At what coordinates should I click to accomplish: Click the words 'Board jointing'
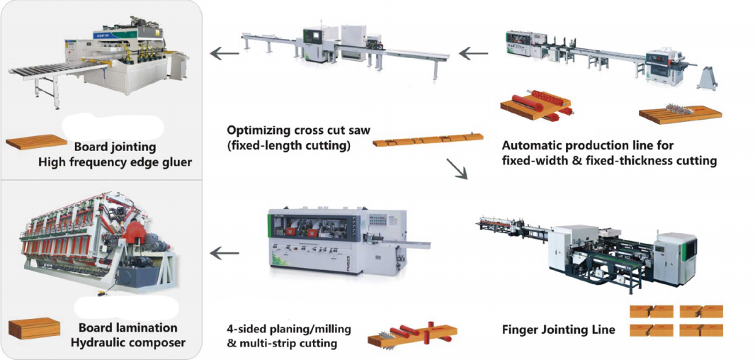[x=115, y=147]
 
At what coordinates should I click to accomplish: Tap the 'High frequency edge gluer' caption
[x=115, y=162]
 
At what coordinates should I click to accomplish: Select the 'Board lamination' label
[x=128, y=327]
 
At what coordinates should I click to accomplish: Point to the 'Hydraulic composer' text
[x=128, y=343]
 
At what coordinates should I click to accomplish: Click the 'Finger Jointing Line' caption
[x=559, y=330]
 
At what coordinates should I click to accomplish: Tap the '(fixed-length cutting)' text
[x=288, y=145]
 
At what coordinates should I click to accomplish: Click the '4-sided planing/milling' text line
[x=288, y=330]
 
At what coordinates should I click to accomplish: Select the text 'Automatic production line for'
[x=588, y=145]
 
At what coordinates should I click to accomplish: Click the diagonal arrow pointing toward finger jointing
[x=457, y=168]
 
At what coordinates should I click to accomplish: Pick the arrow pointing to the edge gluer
[x=225, y=53]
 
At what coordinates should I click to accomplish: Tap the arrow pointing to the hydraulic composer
[x=225, y=252]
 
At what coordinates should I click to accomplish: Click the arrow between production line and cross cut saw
[x=473, y=52]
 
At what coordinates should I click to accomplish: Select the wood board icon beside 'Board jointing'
[x=37, y=142]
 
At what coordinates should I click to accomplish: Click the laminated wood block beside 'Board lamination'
[x=34, y=329]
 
